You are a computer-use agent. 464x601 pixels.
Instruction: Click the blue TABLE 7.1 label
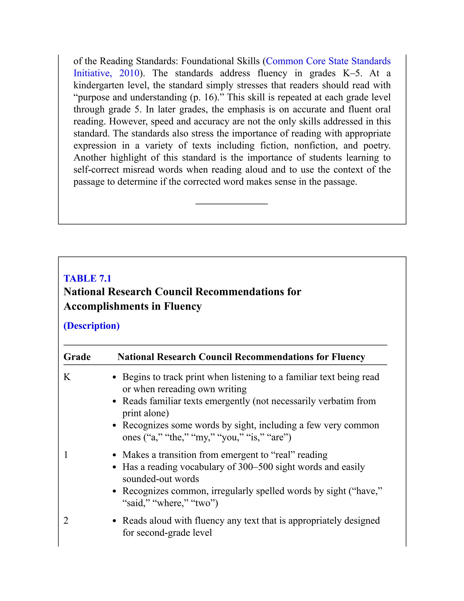tap(87, 279)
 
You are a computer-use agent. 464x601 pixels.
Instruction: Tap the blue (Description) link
tap(92, 326)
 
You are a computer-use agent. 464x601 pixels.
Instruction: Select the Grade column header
tap(77, 357)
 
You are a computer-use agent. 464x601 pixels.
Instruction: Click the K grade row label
tap(67, 377)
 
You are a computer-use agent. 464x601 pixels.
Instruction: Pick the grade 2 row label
tap(66, 521)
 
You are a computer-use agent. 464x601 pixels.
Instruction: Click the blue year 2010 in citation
tap(129, 73)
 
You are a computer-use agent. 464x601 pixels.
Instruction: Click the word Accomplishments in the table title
tap(106, 306)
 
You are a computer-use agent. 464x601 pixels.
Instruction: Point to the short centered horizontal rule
tap(232, 204)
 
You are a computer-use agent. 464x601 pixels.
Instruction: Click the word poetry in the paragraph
tap(377, 146)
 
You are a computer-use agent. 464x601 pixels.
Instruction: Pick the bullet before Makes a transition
tap(115, 455)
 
